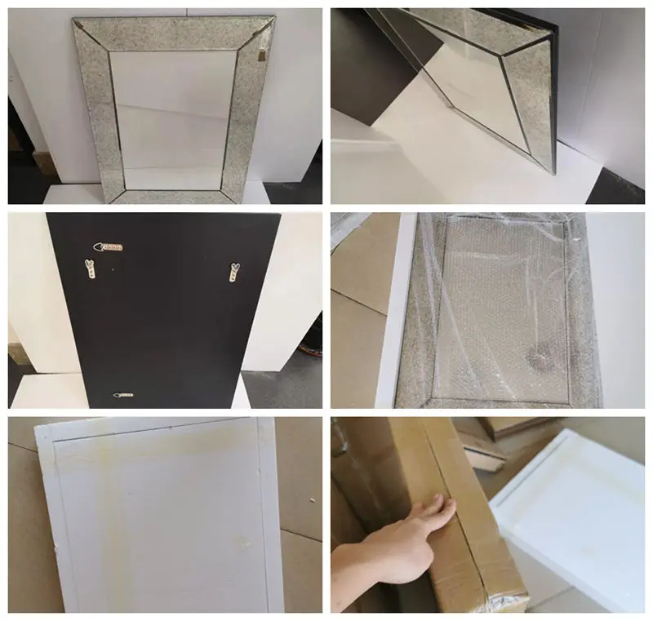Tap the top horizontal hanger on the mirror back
click(109, 245)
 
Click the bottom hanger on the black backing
click(124, 395)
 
